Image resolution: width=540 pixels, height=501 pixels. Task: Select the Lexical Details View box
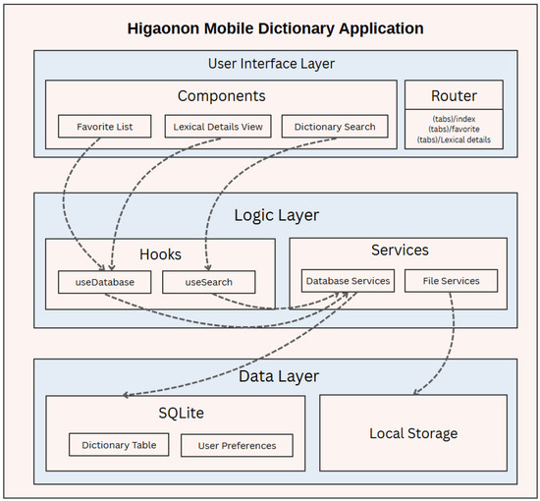[217, 127]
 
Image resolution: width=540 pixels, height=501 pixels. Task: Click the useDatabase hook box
[103, 282]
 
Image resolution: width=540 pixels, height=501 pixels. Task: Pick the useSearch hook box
[208, 282]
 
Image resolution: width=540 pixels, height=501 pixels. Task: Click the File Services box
[451, 281]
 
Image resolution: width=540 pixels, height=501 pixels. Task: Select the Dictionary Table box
[119, 445]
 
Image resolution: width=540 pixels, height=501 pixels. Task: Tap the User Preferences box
[237, 445]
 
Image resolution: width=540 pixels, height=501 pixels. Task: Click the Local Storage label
[413, 433]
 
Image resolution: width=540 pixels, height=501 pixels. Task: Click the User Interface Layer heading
[271, 64]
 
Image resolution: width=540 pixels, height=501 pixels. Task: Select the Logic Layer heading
[276, 215]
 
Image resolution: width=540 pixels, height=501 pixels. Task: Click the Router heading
[453, 96]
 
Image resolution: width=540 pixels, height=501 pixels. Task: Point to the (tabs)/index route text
[453, 119]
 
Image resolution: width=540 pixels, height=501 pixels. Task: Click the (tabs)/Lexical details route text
[453, 141]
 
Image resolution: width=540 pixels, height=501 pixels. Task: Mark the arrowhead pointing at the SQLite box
[127, 396]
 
